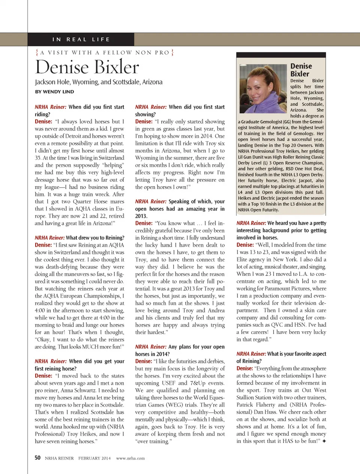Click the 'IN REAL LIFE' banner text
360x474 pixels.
coord(81,39)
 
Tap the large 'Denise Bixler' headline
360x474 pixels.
coord(87,67)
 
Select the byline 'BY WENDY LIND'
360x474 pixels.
coord(54,92)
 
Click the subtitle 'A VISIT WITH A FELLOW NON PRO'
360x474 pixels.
coord(105,53)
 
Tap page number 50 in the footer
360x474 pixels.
coord(37,458)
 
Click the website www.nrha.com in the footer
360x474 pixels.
coord(130,458)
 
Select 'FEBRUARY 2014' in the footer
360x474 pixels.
coord(94,458)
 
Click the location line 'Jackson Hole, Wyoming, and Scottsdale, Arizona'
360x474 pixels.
coord(99,82)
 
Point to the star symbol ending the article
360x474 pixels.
coord(324,441)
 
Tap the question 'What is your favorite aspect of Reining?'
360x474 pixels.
coord(281,357)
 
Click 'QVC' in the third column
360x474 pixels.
coord(277,325)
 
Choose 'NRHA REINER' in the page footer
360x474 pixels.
coord(59,458)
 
